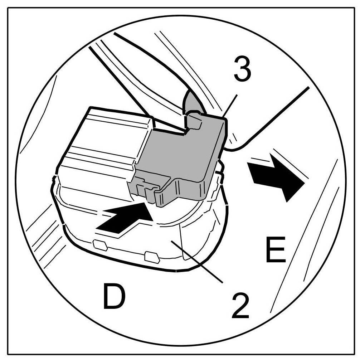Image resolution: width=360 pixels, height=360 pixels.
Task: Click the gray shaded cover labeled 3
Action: [x=179, y=154]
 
